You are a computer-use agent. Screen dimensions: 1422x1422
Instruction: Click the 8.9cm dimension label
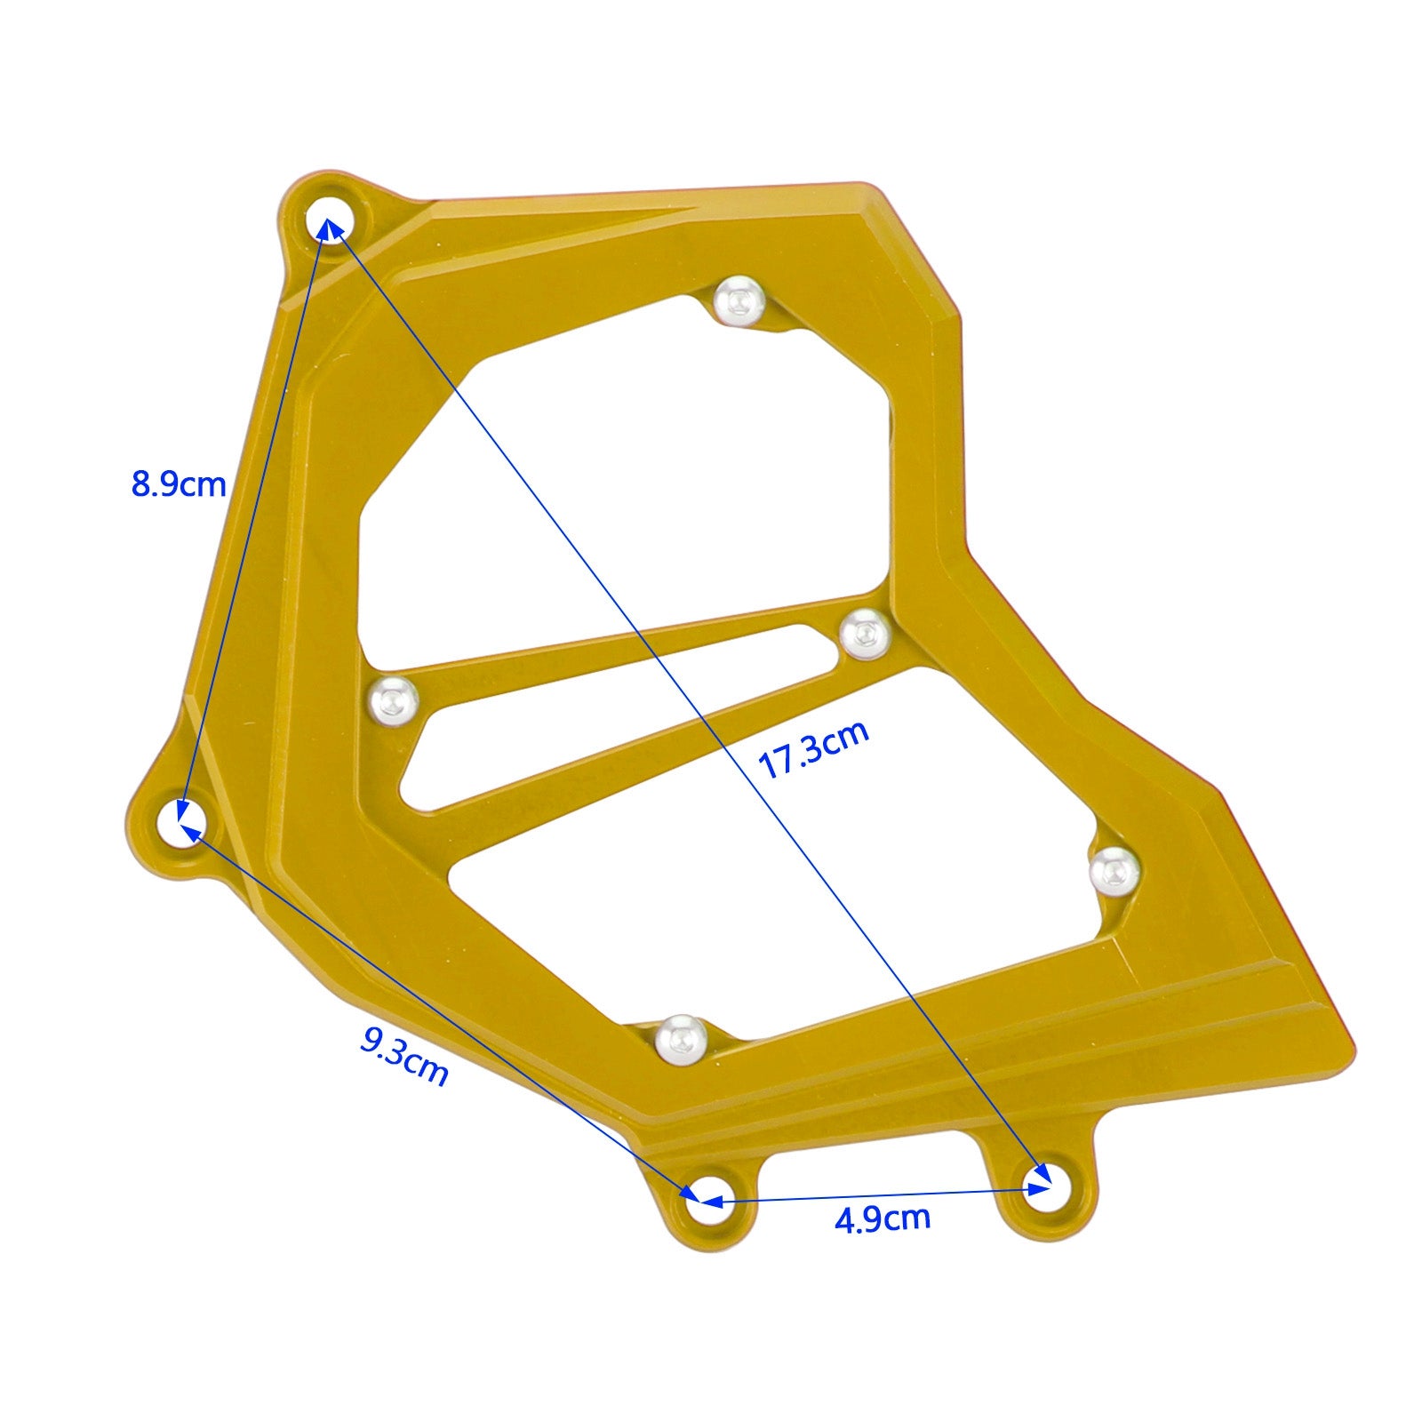179,485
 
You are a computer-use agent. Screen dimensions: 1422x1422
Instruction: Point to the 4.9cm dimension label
883,1218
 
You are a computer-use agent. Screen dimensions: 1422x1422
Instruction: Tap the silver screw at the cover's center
864,634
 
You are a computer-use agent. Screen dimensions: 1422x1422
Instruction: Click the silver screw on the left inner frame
394,701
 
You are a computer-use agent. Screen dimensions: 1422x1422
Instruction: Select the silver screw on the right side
1113,870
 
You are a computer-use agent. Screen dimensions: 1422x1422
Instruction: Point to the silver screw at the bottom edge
682,1037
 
